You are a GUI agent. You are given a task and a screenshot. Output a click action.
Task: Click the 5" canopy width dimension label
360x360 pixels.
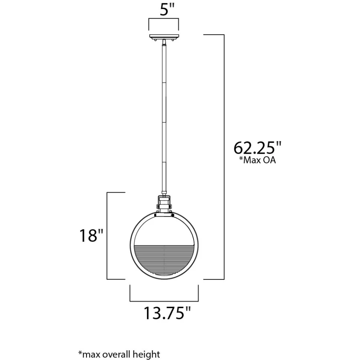pyautogui.click(x=167, y=9)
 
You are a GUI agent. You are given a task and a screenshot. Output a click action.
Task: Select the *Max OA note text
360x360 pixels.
pyautogui.click(x=257, y=160)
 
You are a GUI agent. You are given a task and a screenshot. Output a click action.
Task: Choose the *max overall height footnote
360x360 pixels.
pyautogui.click(x=119, y=354)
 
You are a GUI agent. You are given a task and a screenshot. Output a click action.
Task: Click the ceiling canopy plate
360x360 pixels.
pyautogui.click(x=164, y=36)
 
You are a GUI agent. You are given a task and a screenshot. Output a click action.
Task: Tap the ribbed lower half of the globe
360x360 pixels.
pyautogui.click(x=164, y=260)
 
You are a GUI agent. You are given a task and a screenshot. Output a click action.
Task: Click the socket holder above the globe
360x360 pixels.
pyautogui.click(x=164, y=204)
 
